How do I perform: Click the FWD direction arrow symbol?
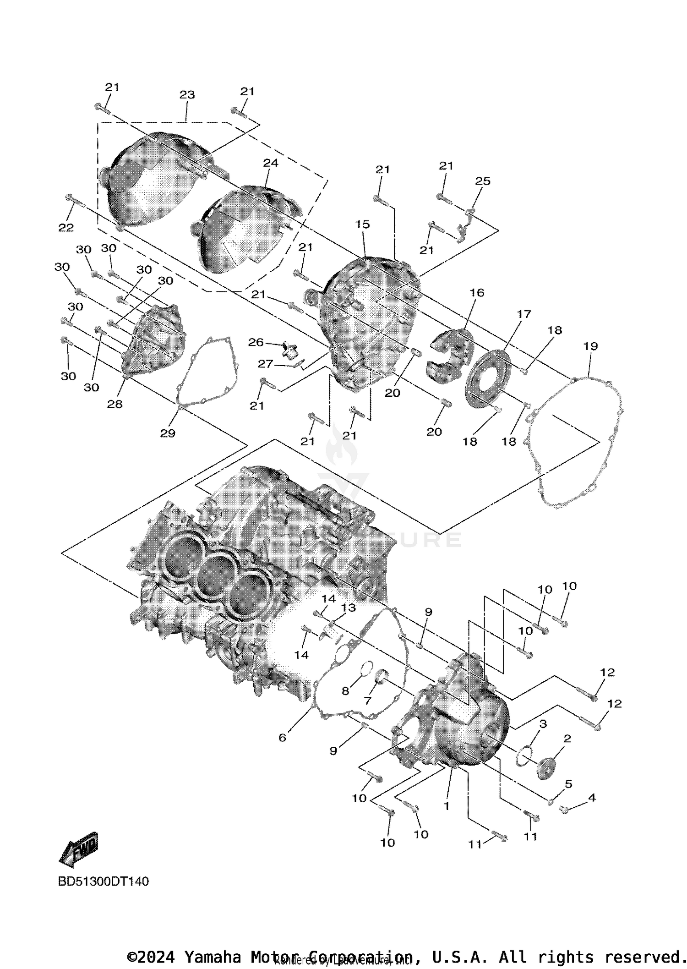pos(79,849)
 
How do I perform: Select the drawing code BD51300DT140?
pos(104,881)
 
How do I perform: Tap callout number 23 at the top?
pos(187,95)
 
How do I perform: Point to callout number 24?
pos(271,163)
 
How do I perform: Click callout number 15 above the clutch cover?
pos(362,224)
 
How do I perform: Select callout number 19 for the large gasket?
pos(590,346)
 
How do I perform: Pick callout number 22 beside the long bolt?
pos(66,228)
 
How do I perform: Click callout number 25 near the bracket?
pos(483,181)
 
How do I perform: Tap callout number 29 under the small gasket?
pos(168,433)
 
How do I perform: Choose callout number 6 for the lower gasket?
pos(282,738)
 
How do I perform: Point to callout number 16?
pos(477,292)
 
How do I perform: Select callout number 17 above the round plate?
pos(524,314)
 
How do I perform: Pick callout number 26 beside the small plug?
pos(256,342)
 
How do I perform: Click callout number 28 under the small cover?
pos(115,404)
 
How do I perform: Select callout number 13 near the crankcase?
pos(349,608)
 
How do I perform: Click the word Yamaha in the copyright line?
pos(212,958)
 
